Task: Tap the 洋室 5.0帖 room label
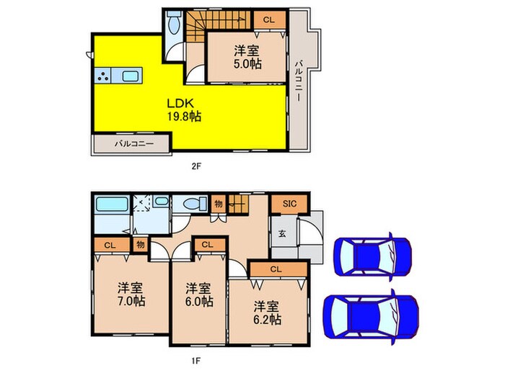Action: point(247,57)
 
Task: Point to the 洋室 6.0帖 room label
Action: point(198,296)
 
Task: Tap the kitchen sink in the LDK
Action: point(132,76)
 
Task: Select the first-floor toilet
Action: point(191,205)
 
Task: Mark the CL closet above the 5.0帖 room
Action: point(268,19)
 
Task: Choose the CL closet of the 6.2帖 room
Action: point(275,269)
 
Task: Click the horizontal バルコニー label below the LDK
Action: point(131,144)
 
